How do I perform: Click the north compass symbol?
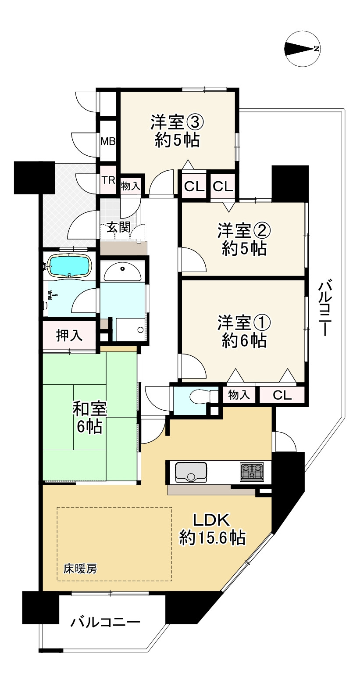[302, 48]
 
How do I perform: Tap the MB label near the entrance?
[108, 141]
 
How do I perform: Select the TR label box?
[108, 180]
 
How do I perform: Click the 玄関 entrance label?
[119, 227]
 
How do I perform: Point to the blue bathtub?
[70, 265]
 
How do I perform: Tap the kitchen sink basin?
[191, 472]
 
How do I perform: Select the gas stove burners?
[252, 473]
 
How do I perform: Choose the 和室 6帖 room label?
[89, 418]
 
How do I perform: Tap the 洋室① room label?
[244, 332]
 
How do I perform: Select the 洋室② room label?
[244, 240]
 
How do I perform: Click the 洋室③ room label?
[177, 131]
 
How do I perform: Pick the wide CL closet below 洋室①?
[282, 395]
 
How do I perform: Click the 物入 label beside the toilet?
[239, 395]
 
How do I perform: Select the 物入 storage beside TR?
[131, 186]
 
